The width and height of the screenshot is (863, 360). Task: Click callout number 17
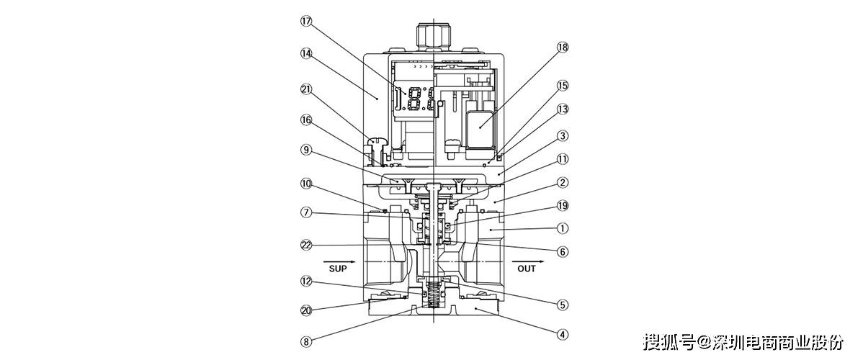pos(307,22)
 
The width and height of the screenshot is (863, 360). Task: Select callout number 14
pos(307,53)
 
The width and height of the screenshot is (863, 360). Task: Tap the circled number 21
pos(307,89)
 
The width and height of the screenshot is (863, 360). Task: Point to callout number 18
pos(562,48)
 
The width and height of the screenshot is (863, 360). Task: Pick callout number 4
pos(562,333)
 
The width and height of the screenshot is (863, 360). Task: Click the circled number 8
pos(307,342)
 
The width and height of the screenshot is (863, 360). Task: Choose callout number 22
pos(307,244)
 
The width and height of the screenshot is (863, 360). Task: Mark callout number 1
pos(562,228)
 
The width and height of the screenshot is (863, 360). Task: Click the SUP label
pos(339,269)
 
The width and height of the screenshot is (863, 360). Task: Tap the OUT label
pos(527,269)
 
